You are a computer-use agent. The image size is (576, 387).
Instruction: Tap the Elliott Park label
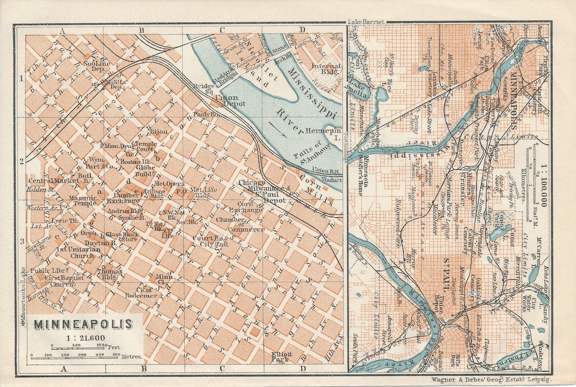point(281,357)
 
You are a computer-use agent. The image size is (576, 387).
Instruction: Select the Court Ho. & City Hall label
point(211,241)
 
